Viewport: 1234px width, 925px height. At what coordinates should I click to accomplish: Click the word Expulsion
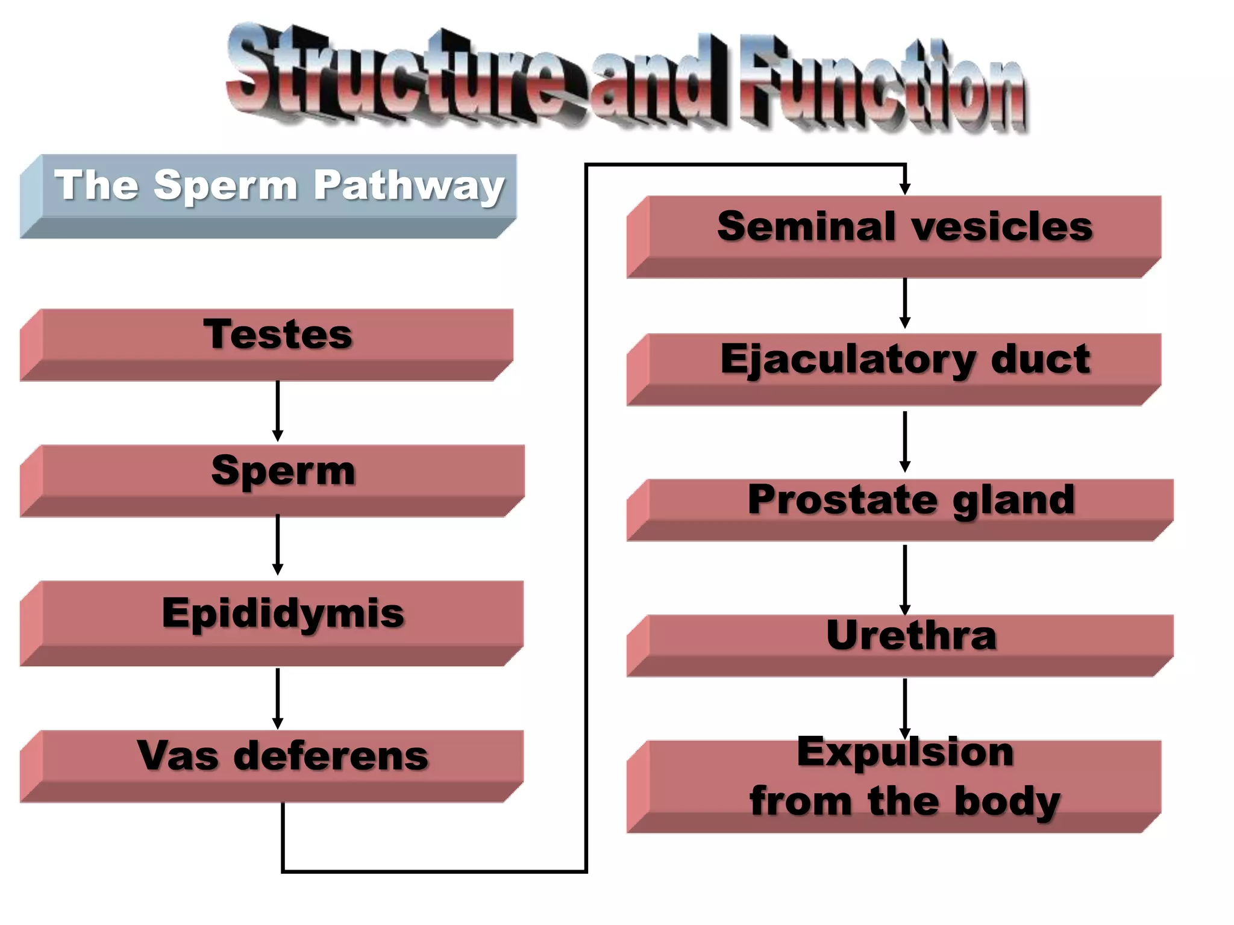(x=905, y=752)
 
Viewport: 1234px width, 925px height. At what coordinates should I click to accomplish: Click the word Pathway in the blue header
(x=409, y=185)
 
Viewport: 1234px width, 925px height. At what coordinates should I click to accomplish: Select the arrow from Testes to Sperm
(x=278, y=411)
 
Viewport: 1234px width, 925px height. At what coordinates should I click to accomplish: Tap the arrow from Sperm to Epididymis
(x=278, y=544)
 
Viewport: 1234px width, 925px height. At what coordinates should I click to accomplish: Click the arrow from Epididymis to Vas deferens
(x=278, y=697)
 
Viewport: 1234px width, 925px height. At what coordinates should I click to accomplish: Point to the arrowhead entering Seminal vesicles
(x=904, y=187)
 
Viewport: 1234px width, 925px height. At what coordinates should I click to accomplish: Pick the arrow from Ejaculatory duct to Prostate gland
(x=904, y=441)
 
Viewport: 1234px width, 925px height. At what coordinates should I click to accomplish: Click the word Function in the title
(x=883, y=84)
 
